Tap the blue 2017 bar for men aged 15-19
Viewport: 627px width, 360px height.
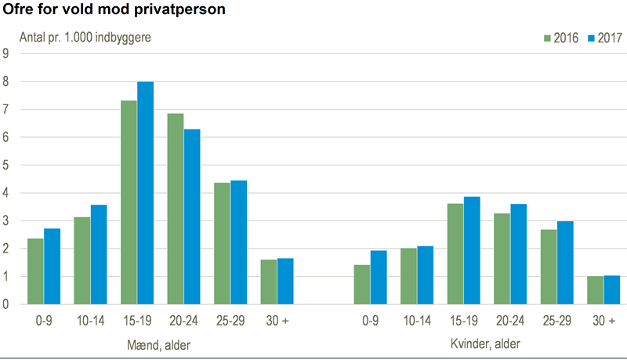145,193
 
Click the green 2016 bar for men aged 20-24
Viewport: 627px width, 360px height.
176,209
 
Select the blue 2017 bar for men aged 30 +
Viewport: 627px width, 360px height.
285,282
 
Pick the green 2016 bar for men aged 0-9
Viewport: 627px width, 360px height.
35,271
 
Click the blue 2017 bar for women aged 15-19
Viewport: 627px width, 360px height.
472,250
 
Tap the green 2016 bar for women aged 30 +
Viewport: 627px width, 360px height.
596,290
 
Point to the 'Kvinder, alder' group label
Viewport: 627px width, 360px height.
485,344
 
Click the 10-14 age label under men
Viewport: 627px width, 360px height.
90,321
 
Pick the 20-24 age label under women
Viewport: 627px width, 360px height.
510,321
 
